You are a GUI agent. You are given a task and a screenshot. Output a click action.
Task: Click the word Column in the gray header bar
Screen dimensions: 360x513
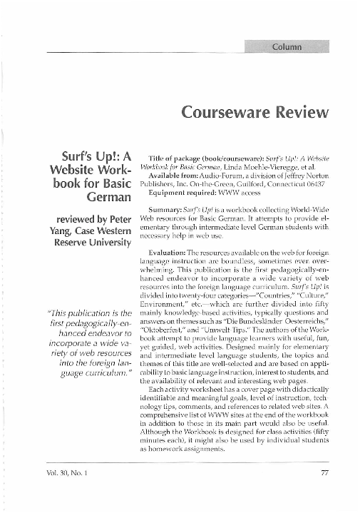click(287, 47)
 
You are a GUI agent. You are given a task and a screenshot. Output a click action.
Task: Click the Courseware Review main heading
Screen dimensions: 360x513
click(255, 113)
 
